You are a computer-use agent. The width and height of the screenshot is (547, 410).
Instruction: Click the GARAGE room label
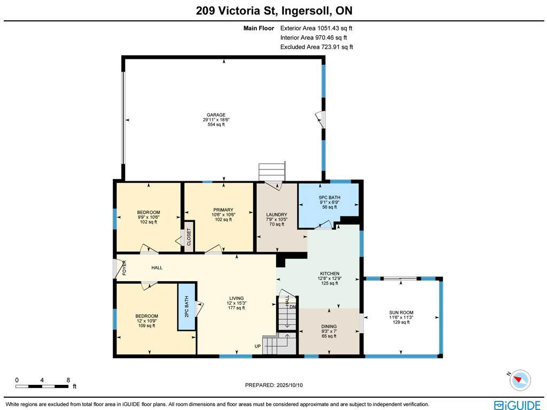click(x=216, y=115)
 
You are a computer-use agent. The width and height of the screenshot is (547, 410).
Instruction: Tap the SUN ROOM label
click(x=401, y=313)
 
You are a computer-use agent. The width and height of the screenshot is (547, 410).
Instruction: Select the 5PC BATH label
click(x=329, y=197)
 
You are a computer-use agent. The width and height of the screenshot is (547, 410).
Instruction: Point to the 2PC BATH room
click(x=186, y=307)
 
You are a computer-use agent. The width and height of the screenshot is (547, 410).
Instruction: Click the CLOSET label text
click(x=189, y=237)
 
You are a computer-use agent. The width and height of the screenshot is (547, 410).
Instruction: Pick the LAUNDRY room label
click(x=277, y=215)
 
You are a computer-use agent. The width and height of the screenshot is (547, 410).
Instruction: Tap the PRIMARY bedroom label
click(x=223, y=210)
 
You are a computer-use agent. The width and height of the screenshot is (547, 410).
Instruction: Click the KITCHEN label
click(x=330, y=274)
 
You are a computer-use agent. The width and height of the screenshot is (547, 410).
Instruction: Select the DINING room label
click(x=329, y=327)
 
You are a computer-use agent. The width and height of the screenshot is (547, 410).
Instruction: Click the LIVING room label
click(x=237, y=298)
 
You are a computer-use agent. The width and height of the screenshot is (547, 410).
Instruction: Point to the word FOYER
click(x=124, y=268)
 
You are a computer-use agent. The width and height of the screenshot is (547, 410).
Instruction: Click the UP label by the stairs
click(x=258, y=346)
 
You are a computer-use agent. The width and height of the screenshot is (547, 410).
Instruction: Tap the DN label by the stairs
click(x=293, y=307)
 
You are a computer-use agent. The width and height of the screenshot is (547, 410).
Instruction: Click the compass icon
click(x=520, y=380)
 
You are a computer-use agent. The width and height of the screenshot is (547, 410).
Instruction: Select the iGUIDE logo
click(x=517, y=405)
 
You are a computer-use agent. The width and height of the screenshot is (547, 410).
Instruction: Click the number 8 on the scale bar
click(x=68, y=380)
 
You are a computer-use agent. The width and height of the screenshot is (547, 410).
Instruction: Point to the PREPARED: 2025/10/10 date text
click(x=274, y=385)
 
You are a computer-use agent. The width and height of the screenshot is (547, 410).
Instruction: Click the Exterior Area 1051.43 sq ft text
click(x=316, y=28)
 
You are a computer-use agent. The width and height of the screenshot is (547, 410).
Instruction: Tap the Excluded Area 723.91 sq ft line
click(x=316, y=47)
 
